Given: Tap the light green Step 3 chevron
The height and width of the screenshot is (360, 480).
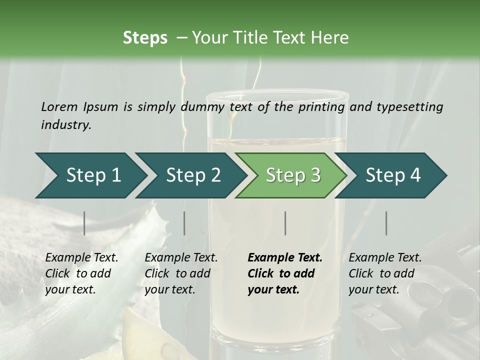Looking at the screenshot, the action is coord(291,175).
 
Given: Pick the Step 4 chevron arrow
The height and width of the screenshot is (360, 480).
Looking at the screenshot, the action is coord(391,175).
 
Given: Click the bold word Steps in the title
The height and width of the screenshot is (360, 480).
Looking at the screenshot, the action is coord(145,38).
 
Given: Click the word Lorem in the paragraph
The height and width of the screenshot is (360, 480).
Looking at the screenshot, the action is coord(59,107).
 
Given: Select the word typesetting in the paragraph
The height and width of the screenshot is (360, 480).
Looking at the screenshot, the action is coord(410,107).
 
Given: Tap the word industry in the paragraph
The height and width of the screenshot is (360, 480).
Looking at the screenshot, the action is coord(66,125).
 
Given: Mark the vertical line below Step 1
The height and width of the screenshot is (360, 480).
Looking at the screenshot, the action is coord(84,223).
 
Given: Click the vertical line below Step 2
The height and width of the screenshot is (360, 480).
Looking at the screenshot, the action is coord(184,223).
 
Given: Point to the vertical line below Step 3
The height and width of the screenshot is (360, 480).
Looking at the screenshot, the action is coord(285,223).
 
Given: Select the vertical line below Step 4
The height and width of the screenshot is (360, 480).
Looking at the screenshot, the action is coord(386,223).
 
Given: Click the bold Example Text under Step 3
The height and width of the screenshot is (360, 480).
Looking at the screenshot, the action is coord(285,258).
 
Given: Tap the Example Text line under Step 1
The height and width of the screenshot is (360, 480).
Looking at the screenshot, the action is coord(81,258).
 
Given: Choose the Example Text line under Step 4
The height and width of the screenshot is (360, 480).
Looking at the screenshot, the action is coord(385,258).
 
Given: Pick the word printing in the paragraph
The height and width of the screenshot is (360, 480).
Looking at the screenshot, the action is coord(321,107).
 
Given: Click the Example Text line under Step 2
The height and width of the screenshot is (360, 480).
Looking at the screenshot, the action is coord(181,258).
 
